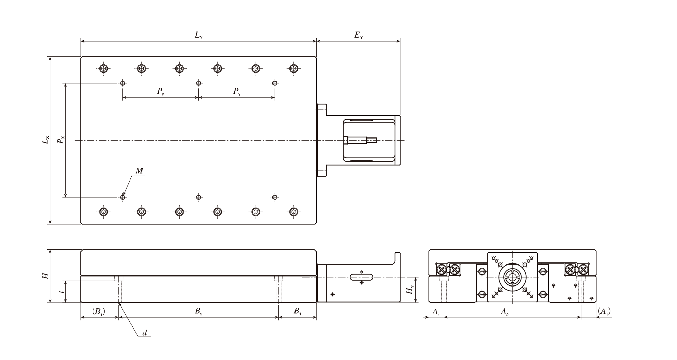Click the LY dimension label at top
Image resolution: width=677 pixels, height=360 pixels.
click(x=198, y=35)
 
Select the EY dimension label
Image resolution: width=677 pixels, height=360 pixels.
click(x=358, y=35)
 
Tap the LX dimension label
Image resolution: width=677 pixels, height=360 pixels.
click(x=45, y=140)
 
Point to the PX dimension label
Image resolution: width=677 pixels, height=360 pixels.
click(x=61, y=140)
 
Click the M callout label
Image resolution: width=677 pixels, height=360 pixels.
click(x=139, y=171)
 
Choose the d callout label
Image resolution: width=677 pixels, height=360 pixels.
click(x=145, y=333)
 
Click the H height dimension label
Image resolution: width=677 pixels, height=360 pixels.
click(x=45, y=276)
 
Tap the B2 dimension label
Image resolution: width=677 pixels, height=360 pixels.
click(x=198, y=312)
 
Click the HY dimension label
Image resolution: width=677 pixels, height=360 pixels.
click(x=410, y=290)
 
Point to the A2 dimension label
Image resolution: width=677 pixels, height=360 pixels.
click(x=505, y=312)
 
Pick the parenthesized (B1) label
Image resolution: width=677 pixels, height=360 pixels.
click(x=99, y=312)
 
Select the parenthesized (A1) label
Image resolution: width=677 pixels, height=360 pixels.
click(x=605, y=312)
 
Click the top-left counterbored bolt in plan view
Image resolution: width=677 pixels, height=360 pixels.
click(x=104, y=69)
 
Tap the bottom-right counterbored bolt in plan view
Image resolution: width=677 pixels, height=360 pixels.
click(x=293, y=212)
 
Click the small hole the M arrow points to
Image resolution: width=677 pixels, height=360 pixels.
click(x=123, y=197)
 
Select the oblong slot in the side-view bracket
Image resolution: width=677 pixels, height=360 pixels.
click(x=362, y=277)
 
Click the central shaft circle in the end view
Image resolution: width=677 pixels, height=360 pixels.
click(x=512, y=277)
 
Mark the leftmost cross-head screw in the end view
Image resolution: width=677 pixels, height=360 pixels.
click(x=441, y=270)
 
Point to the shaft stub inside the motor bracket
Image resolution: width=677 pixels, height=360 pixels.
click(x=360, y=140)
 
